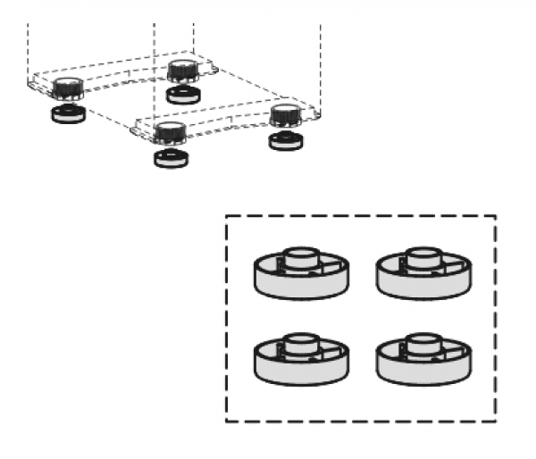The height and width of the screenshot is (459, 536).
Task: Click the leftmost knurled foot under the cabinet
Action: coord(66,88)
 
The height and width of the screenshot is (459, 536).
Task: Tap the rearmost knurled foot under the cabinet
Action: coord(182,70)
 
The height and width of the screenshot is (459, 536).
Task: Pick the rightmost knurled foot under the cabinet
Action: coord(285,113)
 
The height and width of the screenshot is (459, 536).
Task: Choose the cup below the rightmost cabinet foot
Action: coord(286,140)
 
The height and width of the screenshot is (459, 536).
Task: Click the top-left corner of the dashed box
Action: coord(226,215)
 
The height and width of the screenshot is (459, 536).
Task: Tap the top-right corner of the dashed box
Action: coord(496,215)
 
